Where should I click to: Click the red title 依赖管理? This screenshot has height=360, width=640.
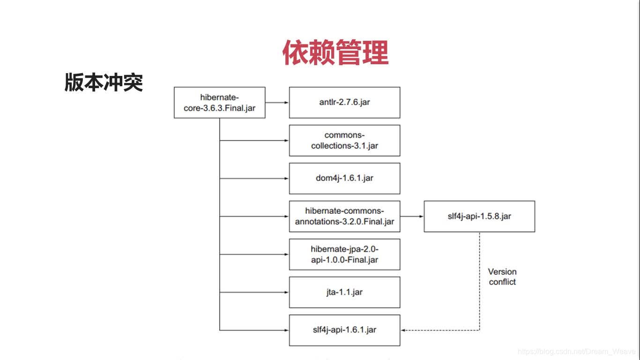pos(335,52)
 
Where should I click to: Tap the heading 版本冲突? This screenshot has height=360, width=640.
pos(104,82)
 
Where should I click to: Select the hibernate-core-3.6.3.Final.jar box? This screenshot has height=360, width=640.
pos(219,102)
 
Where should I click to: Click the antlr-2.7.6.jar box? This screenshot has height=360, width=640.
pos(344,102)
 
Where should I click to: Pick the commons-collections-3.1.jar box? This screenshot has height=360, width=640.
pos(344,140)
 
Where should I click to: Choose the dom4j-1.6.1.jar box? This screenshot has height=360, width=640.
pos(344,178)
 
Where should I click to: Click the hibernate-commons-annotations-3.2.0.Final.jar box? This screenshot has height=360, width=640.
pos(344,216)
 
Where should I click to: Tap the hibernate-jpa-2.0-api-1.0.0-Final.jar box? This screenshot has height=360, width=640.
pos(344,254)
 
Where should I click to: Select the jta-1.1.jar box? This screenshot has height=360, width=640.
pos(344,292)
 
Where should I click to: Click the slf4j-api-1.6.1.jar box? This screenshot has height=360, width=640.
pos(344,330)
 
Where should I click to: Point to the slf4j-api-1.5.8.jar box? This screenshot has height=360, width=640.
pos(479,216)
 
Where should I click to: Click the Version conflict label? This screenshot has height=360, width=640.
pos(502,277)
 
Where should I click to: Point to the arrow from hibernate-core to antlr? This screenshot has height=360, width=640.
pos(277,102)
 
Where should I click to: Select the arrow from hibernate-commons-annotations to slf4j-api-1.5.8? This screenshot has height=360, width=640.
pos(412,216)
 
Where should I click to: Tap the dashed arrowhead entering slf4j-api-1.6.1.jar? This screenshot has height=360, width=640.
pos(404,330)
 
